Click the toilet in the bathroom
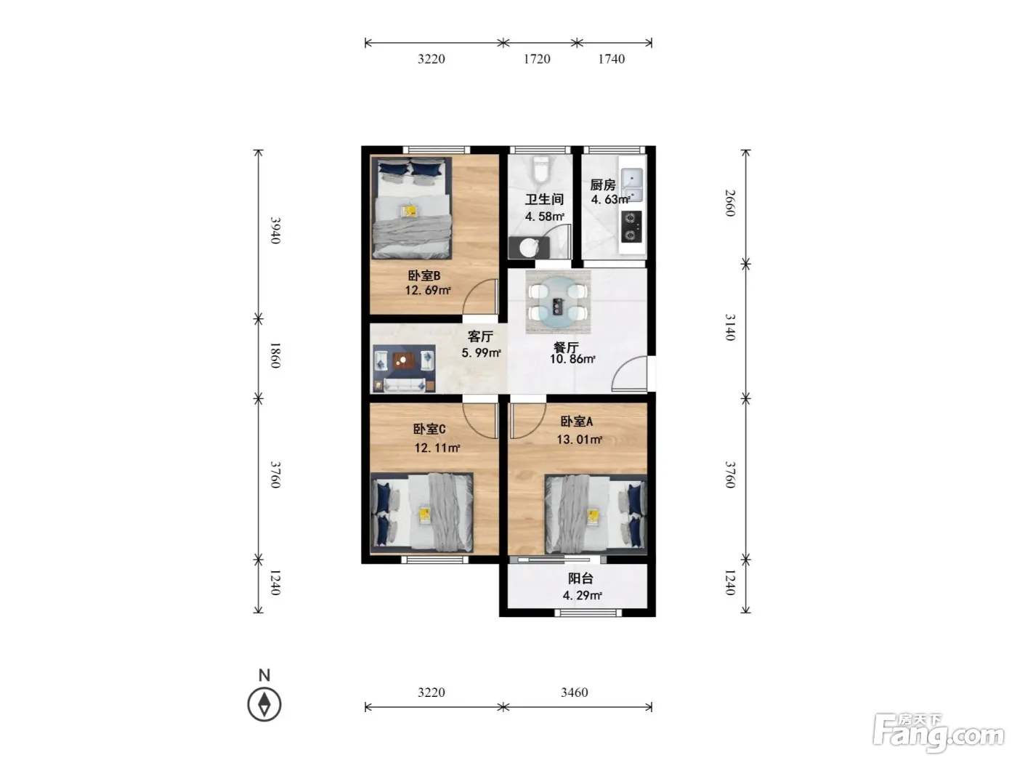click(x=540, y=170)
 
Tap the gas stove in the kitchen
click(x=631, y=227)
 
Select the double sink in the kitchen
click(x=631, y=185)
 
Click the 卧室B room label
click(x=424, y=275)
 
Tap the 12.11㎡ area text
click(x=437, y=448)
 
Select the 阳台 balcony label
click(x=580, y=578)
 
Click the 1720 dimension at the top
click(x=537, y=59)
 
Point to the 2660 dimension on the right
click(x=730, y=203)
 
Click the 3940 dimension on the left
click(x=275, y=230)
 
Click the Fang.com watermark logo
click(x=939, y=733)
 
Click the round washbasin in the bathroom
click(x=529, y=248)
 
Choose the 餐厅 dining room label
click(x=566, y=347)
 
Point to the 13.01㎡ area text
click(x=579, y=439)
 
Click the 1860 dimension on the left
click(x=275, y=355)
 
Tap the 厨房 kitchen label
click(x=603, y=185)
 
